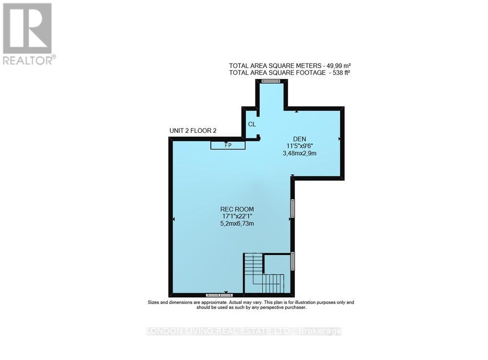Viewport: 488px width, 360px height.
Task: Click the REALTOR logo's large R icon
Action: click(27, 28)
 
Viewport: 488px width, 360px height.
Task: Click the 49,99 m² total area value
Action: click(338, 66)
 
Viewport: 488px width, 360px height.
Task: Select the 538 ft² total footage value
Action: click(341, 73)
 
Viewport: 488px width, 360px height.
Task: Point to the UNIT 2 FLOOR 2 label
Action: click(193, 131)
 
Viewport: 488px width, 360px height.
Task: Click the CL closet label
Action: click(252, 124)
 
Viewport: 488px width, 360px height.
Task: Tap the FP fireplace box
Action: click(228, 145)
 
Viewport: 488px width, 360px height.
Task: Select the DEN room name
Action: click(300, 139)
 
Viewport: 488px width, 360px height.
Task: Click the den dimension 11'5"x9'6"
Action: click(300, 146)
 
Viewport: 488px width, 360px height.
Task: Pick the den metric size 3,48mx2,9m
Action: click(300, 153)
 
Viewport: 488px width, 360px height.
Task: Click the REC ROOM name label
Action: click(237, 209)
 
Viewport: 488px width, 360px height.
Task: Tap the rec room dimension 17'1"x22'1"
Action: click(237, 216)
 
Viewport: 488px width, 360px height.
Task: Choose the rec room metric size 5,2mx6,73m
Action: click(237, 224)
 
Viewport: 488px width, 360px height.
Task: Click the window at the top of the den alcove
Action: click(271, 81)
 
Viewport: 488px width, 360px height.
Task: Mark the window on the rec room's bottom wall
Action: click(219, 295)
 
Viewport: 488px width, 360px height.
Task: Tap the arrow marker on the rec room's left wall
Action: click(173, 219)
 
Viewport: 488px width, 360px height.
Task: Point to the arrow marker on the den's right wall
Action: click(339, 139)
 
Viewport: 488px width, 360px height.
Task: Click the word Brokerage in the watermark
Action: click(320, 331)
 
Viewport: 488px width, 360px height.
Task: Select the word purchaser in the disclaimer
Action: click(296, 307)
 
